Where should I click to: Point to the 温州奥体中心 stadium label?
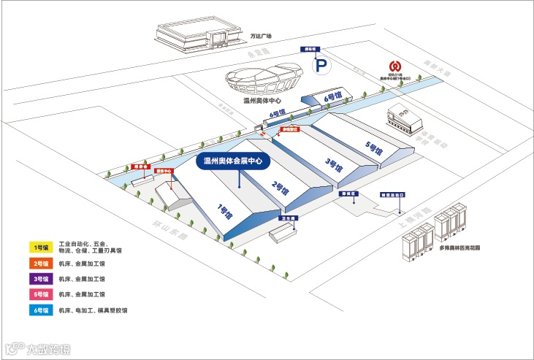coord(262,102)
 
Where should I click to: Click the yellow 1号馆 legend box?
coord(39,247)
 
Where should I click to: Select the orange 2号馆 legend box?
coord(39,263)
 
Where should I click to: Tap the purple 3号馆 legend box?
coord(39,279)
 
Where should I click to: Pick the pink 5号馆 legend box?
coord(39,294)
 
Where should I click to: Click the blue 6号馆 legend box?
coord(39,310)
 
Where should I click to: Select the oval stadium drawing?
coord(263,80)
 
